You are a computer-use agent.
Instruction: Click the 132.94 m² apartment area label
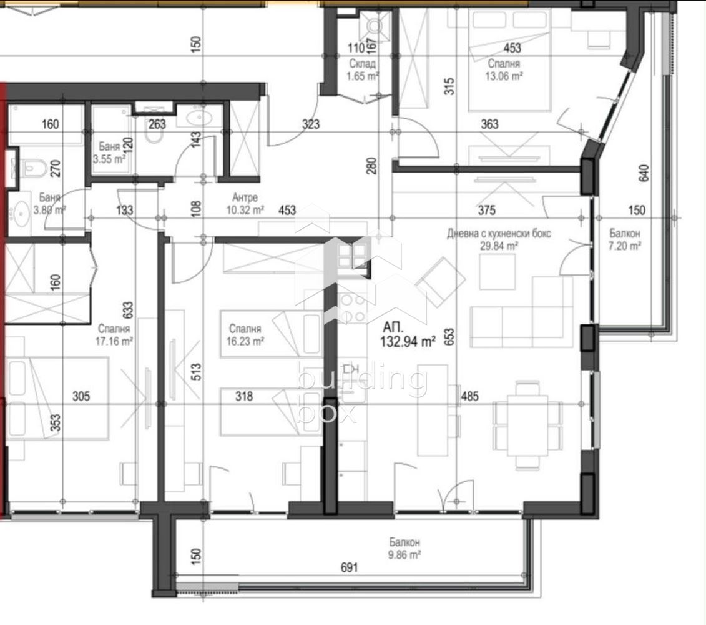(408, 341)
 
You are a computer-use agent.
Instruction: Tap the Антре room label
(245, 197)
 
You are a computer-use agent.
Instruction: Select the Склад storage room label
(362, 64)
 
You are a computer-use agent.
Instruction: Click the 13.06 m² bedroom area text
(504, 76)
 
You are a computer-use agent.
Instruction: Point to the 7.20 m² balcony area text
(624, 246)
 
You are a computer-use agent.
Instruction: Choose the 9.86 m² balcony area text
(404, 554)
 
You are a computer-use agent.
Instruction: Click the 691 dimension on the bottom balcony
(349, 567)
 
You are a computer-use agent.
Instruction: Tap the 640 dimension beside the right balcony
(644, 173)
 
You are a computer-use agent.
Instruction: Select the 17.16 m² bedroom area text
(114, 341)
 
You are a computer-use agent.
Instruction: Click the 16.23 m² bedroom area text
(245, 341)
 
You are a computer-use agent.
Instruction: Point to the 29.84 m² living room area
(499, 246)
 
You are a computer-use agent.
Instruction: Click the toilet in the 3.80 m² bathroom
(33, 169)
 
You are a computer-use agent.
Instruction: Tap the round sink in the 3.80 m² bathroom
(21, 211)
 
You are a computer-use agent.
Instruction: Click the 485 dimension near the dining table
(469, 396)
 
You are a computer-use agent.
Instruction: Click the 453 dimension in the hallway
(287, 210)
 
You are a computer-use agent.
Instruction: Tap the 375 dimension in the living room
(487, 210)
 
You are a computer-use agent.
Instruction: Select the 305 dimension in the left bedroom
(81, 396)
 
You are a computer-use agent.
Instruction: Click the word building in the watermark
(362, 379)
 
